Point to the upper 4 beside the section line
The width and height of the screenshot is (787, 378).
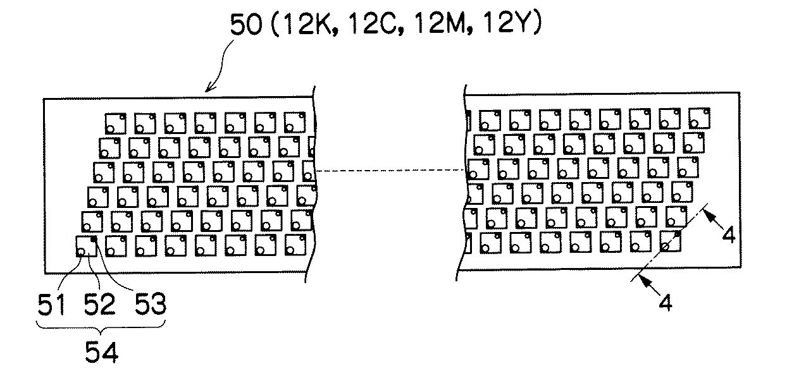pos(728,235)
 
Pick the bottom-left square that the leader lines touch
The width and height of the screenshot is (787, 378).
pos(85,246)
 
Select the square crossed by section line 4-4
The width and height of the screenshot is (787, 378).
pos(670,241)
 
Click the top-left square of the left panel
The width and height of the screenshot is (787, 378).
pos(115,123)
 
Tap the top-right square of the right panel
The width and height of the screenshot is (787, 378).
pos(698,118)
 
